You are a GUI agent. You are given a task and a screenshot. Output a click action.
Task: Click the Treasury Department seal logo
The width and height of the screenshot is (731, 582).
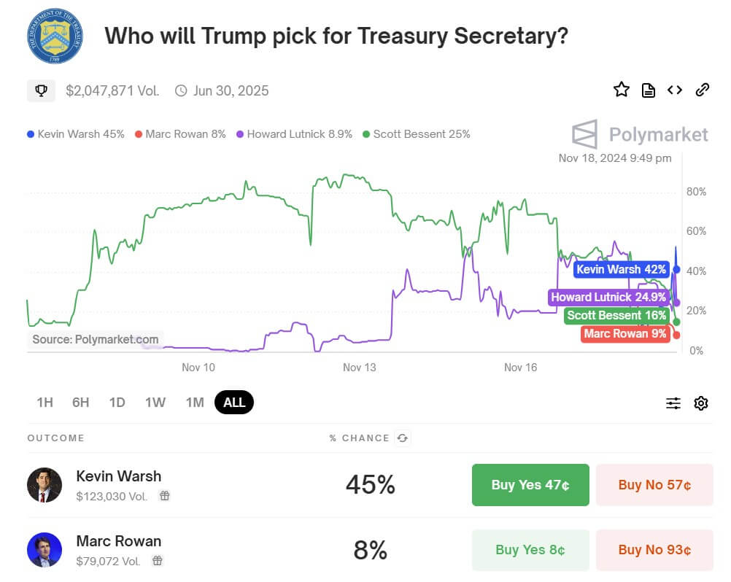coord(55,36)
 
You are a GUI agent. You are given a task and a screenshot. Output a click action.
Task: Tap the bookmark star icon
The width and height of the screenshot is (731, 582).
coord(621,90)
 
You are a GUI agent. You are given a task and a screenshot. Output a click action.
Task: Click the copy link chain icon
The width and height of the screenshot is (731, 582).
coord(703,90)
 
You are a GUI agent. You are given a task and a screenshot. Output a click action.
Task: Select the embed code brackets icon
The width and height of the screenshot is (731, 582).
coord(675,90)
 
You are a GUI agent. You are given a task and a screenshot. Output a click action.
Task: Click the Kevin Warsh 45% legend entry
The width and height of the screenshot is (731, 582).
coord(76,134)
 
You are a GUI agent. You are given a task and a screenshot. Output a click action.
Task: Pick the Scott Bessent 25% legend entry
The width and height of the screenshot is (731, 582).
coord(417,134)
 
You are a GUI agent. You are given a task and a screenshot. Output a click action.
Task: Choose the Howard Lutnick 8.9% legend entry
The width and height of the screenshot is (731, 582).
coord(295,134)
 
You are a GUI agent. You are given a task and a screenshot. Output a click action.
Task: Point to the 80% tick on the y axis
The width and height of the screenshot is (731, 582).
coord(696,192)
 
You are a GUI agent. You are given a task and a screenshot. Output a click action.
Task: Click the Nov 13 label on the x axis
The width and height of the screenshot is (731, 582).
coord(360,367)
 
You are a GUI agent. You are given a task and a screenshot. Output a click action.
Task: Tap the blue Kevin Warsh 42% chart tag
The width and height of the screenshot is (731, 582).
coord(621,270)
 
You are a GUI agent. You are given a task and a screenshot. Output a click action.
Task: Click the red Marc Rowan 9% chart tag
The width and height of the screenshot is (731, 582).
coord(625,334)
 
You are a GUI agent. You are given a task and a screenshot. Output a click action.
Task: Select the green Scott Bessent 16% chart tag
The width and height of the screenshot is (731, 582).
coord(617,316)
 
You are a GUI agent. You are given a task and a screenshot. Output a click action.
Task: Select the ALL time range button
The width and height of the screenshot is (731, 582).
coord(234,403)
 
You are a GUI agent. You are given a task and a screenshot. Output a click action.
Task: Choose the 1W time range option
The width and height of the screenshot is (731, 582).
coord(155,403)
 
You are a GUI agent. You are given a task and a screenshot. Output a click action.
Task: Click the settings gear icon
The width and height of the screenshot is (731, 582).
coord(701,403)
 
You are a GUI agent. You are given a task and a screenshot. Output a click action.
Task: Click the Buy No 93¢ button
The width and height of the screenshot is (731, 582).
coord(654,550)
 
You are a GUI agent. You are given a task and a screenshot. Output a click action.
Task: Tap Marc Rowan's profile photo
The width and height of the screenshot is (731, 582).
coord(45,550)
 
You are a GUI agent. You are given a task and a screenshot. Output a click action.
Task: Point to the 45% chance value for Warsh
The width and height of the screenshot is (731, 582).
coord(371,485)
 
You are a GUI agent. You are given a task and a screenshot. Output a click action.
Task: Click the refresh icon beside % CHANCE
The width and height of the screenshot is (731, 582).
coord(402,438)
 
